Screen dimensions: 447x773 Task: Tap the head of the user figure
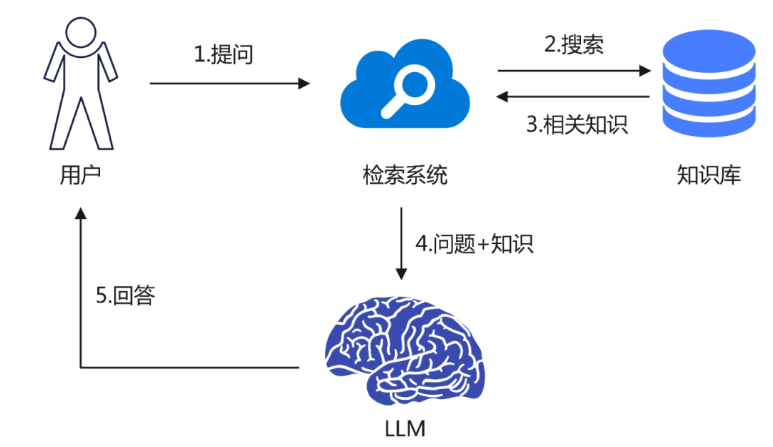click(80, 31)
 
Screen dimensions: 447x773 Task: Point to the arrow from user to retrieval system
click(229, 84)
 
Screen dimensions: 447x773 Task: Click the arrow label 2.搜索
click(573, 44)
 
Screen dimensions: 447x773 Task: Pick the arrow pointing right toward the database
click(573, 71)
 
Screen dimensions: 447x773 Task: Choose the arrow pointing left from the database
click(573, 97)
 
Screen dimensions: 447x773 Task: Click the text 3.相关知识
click(577, 124)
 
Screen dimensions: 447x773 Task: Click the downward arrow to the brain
click(402, 243)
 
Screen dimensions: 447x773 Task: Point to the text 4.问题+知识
click(475, 244)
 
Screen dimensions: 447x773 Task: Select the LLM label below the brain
click(404, 428)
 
